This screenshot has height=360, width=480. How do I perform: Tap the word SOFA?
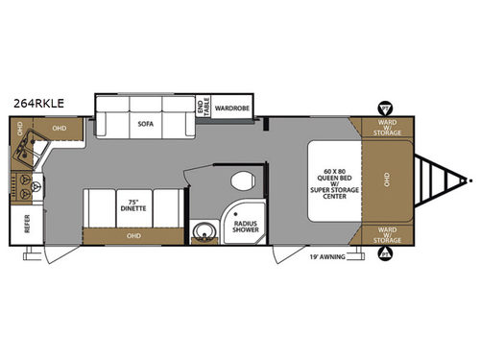click(x=145, y=124)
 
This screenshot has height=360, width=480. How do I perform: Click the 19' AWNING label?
click(x=325, y=256)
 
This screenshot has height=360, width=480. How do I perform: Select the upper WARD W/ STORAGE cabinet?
click(x=388, y=129)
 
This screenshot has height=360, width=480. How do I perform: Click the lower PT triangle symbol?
click(x=385, y=254)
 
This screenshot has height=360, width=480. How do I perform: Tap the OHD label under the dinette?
click(x=128, y=234)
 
